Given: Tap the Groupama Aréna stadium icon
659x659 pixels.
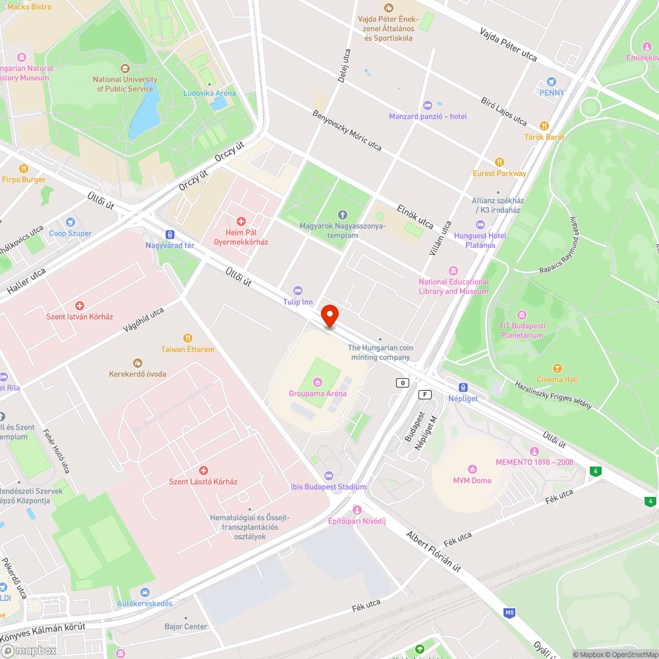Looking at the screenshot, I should [x=318, y=382].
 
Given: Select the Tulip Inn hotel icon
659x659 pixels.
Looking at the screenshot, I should [x=298, y=291].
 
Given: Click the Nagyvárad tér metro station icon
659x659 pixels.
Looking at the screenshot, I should [x=170, y=234].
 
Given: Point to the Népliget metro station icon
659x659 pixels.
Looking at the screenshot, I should [x=463, y=387].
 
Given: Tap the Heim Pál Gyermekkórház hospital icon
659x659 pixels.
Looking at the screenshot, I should [x=241, y=221].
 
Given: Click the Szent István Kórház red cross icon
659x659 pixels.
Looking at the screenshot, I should [x=80, y=306].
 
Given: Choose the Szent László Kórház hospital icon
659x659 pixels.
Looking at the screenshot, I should [x=204, y=471].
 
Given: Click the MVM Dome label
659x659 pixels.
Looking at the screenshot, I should [x=472, y=480].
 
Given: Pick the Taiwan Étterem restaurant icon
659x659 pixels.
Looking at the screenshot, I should [x=188, y=338].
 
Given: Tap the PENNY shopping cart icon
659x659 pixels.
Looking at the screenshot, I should [x=552, y=82].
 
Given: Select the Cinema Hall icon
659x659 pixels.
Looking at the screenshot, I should [x=558, y=368].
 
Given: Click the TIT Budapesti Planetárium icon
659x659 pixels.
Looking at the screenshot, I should [x=522, y=315].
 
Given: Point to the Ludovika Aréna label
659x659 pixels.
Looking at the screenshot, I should [x=209, y=94].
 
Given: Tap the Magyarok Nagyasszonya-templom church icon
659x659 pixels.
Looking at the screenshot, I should [x=342, y=215].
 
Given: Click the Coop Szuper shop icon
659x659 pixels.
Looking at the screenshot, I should [x=71, y=222].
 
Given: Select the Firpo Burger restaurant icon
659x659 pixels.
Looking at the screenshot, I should [x=24, y=169].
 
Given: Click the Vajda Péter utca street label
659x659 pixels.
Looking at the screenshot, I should [x=508, y=45].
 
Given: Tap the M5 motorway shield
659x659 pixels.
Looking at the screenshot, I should [x=509, y=613].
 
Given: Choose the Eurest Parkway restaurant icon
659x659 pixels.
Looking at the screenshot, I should [x=500, y=162].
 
